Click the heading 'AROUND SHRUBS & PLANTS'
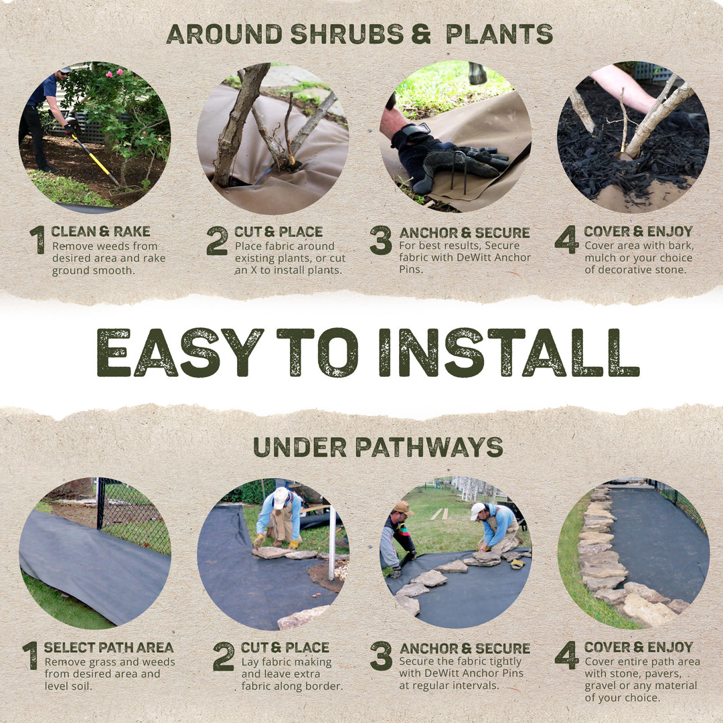359,33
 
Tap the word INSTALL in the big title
509,352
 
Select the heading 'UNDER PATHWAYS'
378,447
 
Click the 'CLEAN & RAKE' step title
100,232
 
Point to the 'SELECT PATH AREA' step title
108,647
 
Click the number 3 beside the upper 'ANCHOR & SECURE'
380,240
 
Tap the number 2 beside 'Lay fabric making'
223,656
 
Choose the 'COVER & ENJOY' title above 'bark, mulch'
638,232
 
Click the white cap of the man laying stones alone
280,496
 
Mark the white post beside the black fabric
331,542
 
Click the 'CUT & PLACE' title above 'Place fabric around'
278,232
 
